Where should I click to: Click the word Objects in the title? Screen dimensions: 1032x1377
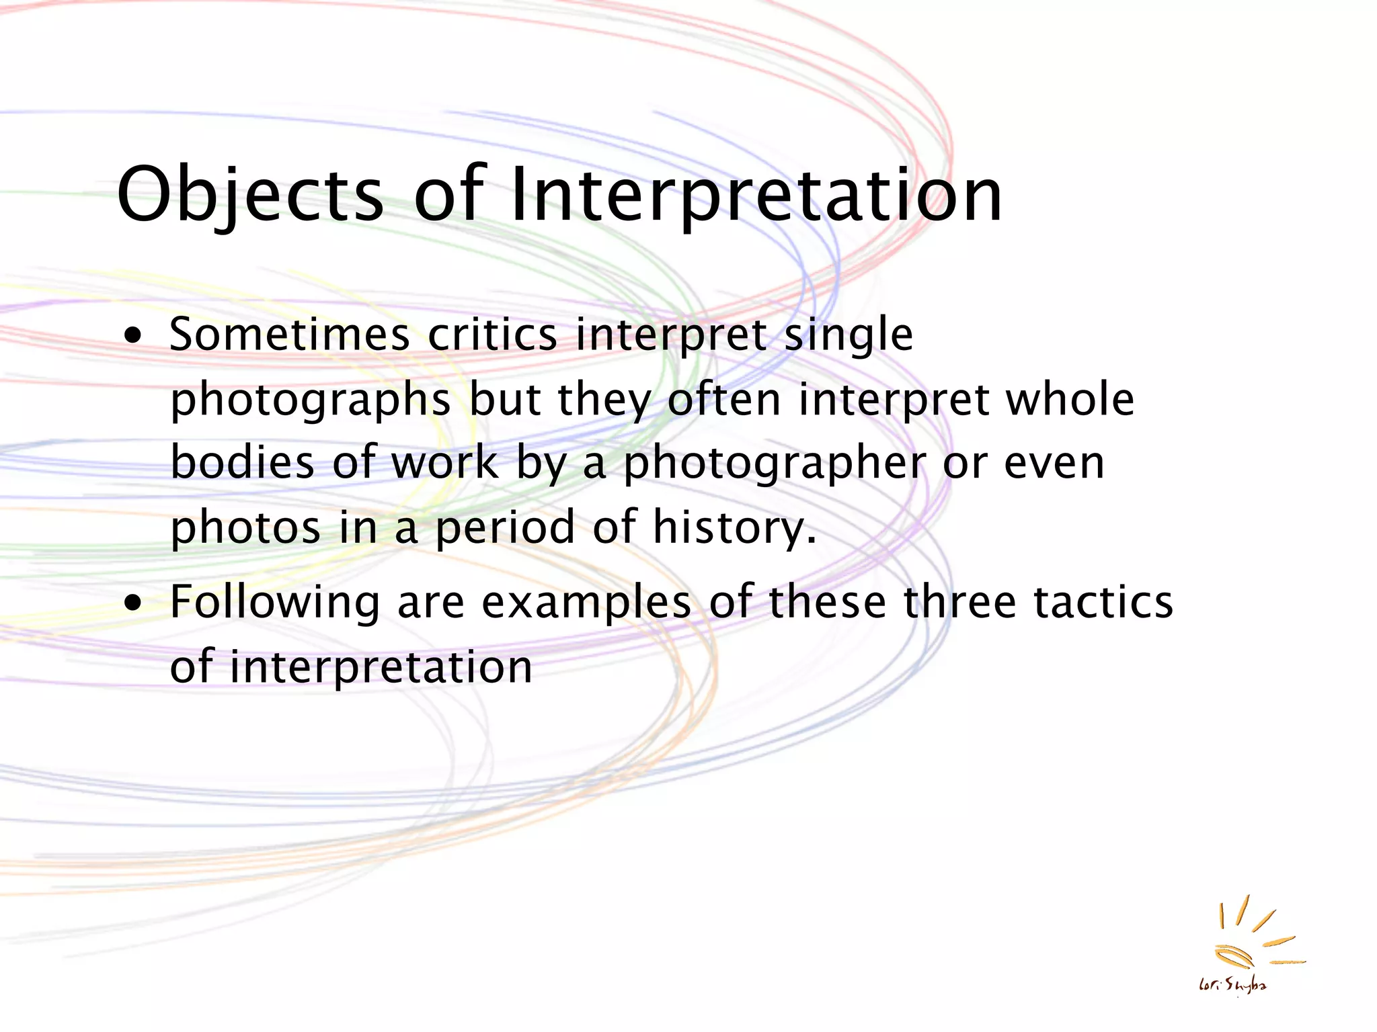coord(250,195)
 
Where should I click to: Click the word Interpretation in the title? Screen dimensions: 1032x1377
coord(756,195)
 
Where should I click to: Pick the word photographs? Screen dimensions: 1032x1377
coord(310,401)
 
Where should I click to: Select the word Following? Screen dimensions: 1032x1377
coord(274,603)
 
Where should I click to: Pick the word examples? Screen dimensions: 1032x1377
coord(586,603)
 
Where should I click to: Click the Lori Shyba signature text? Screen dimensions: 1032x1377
coord(1232,986)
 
